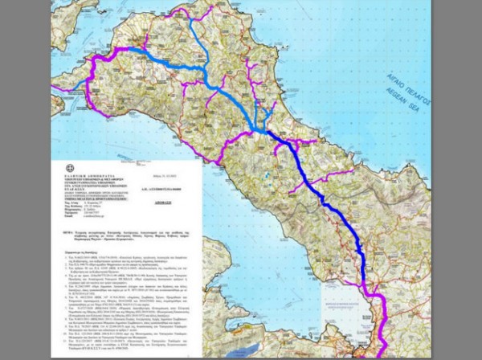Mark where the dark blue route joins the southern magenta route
[x=366, y=284]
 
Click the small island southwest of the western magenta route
[x=58, y=103]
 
